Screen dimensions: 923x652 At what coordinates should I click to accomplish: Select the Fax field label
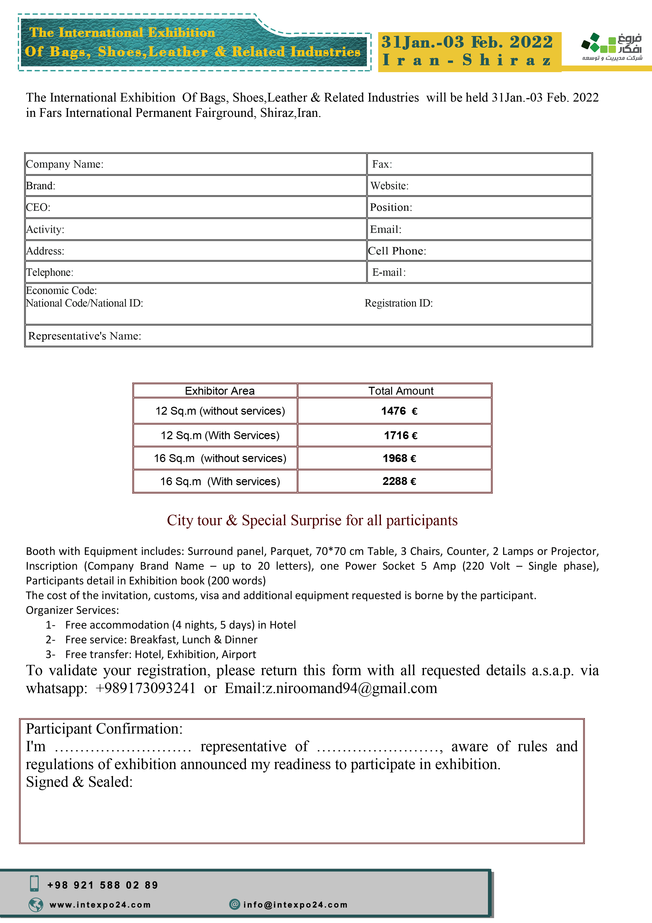[x=382, y=164]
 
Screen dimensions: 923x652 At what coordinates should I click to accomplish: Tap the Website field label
[x=389, y=186]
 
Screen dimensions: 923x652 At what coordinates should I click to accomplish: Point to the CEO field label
[x=38, y=207]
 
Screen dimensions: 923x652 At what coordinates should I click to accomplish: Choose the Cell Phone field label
[x=397, y=251]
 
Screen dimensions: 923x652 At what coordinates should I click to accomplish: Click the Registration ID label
[x=399, y=303]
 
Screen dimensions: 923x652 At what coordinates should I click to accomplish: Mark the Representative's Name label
[x=84, y=336]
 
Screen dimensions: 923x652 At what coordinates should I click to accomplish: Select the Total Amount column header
[x=400, y=391]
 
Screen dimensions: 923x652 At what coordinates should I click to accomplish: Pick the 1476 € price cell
[x=399, y=411]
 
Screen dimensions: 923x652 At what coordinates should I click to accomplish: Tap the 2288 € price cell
[x=399, y=481]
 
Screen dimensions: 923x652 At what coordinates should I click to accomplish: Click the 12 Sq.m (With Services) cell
[x=220, y=435]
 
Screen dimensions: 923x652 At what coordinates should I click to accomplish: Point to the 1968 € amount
[x=399, y=458]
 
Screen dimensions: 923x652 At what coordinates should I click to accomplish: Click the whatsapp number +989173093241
[x=145, y=688]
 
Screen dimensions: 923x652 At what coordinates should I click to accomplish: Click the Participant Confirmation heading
[x=104, y=729]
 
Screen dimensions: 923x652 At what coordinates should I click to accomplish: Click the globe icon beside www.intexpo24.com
[x=36, y=905]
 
